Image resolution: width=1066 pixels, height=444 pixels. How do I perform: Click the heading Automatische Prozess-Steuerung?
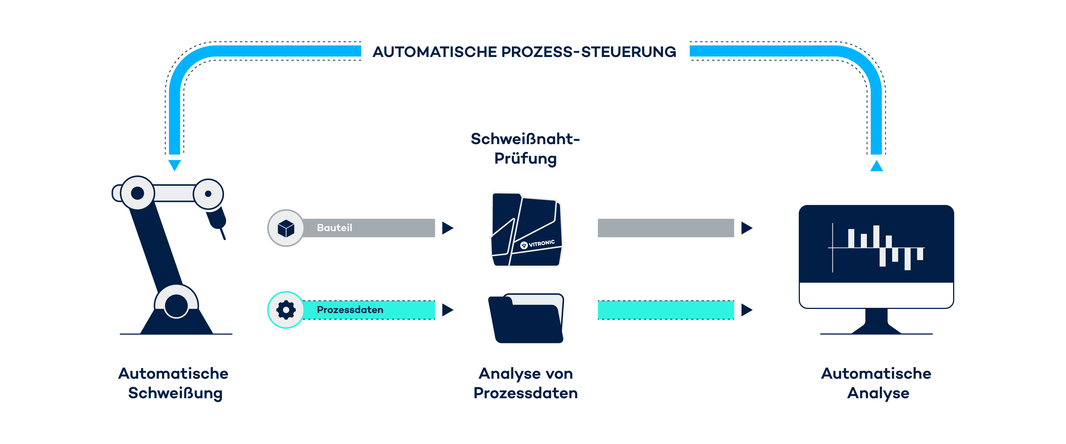point(524,52)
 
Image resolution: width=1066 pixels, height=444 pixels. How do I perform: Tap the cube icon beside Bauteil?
point(285,228)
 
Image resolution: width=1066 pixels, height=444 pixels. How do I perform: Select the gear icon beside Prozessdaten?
point(285,310)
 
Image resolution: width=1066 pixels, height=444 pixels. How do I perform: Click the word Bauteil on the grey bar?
point(334,228)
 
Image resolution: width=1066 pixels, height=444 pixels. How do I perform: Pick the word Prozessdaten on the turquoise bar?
point(350,310)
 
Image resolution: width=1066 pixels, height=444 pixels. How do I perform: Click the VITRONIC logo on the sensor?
point(537,244)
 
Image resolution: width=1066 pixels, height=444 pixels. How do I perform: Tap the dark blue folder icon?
point(526,319)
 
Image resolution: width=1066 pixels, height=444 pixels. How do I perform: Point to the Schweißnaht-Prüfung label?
point(525,148)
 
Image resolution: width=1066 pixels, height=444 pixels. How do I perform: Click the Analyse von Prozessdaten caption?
point(526,383)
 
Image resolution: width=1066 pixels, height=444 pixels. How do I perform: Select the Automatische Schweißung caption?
point(174,383)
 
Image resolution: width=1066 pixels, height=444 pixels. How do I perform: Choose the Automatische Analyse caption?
point(877,383)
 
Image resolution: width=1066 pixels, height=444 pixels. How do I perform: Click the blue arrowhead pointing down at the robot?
point(175,165)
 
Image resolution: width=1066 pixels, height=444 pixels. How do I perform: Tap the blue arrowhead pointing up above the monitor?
point(876,165)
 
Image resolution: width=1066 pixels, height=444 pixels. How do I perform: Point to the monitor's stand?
point(876,322)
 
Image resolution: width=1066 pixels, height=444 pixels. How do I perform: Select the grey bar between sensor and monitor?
point(666,228)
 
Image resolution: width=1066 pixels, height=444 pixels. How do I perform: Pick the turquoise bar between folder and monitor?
point(666,310)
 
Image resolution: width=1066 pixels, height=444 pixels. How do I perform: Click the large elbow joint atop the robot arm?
point(137,193)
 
